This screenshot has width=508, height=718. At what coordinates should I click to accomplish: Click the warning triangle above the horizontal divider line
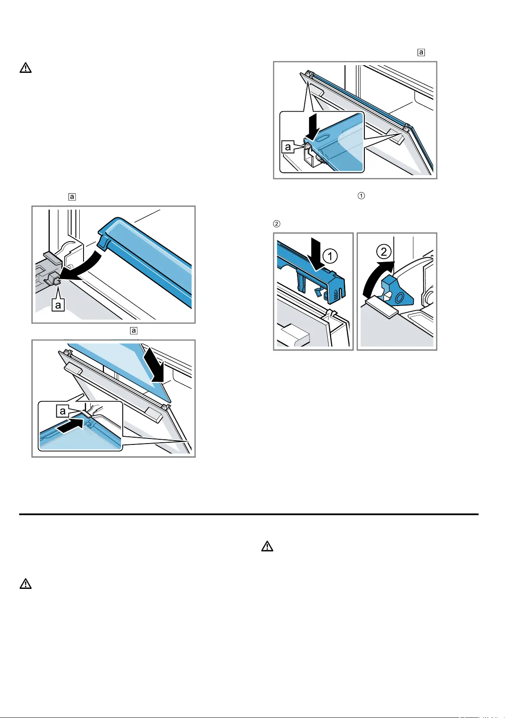point(26,68)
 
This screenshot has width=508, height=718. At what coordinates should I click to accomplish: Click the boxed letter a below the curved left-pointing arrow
point(58,305)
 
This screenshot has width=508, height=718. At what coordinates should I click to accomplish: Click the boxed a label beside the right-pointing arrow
point(63,411)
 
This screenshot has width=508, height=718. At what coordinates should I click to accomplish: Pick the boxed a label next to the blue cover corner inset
point(288,147)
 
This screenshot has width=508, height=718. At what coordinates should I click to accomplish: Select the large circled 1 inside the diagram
point(330,256)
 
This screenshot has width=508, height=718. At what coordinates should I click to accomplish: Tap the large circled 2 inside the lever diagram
point(384,251)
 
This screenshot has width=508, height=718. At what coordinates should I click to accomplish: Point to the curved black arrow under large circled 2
point(375,276)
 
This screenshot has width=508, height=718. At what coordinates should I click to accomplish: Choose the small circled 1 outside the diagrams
point(361,196)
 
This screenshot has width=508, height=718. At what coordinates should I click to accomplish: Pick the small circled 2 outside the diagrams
point(277,224)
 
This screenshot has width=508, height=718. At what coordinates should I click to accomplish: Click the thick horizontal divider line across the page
point(249,514)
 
